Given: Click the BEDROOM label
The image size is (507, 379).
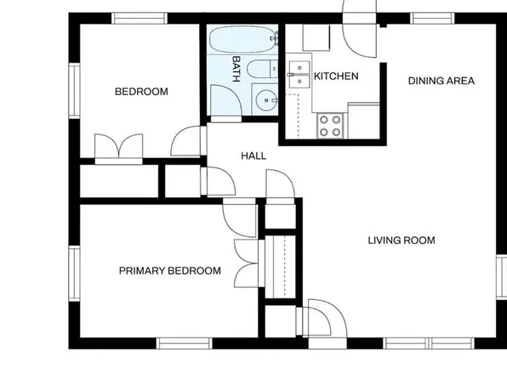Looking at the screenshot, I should tap(141, 92).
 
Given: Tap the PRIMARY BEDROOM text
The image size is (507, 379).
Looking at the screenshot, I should tap(169, 271).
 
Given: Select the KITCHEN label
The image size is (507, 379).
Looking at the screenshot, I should tap(336, 76).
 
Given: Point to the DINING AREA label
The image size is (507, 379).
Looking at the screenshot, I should tap(441, 81).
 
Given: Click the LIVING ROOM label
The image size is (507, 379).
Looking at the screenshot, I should tap(401, 240).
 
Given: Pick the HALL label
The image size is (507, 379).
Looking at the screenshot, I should tap(253, 156).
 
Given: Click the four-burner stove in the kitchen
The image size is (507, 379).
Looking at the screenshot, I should tap(329, 125).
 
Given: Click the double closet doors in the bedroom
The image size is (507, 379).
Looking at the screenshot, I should tap(119, 148).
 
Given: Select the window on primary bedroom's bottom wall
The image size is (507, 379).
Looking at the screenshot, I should tap(184, 343).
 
